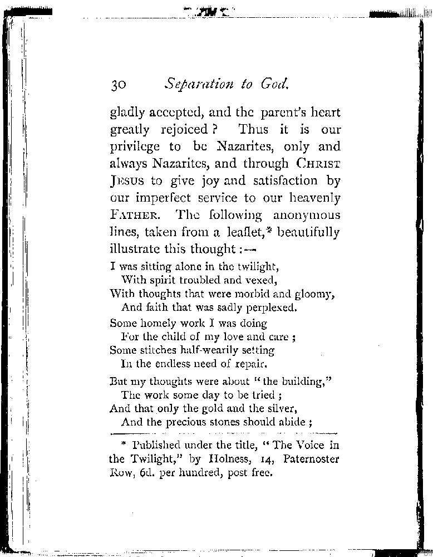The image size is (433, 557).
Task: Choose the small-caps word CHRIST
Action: pos(318,164)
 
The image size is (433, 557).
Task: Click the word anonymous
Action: pos(307,215)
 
